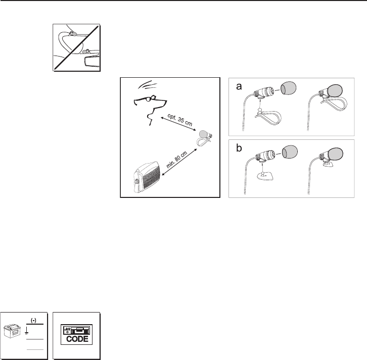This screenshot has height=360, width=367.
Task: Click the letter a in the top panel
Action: (x=239, y=86)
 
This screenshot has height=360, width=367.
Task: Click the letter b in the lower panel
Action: (x=239, y=148)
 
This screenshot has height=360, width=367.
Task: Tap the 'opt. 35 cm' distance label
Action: (x=180, y=120)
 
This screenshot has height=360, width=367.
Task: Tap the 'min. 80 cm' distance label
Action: (x=177, y=160)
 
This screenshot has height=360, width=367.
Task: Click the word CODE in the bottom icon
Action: (x=77, y=339)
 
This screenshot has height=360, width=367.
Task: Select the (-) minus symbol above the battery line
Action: (x=34, y=321)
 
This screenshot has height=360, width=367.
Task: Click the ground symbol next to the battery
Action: (x=27, y=330)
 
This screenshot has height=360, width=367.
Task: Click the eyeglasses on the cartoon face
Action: (x=149, y=98)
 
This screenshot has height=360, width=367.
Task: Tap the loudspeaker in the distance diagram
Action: (x=147, y=177)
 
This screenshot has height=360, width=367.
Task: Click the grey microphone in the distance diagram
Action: (x=203, y=134)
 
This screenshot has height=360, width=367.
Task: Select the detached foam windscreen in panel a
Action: (x=288, y=88)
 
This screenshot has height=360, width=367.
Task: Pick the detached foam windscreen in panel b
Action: (x=290, y=152)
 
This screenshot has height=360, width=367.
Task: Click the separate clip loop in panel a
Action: (x=268, y=117)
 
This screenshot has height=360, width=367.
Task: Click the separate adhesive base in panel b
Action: (x=265, y=176)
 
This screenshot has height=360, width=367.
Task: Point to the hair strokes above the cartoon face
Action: (x=147, y=85)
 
